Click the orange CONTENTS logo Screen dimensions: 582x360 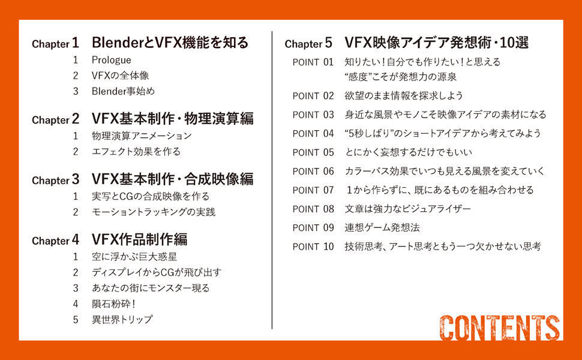(x=500, y=328)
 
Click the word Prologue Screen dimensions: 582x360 (x=112, y=60)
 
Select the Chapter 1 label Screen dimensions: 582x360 (x=56, y=43)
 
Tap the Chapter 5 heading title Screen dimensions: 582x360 (x=437, y=43)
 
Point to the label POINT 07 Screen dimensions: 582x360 (x=313, y=190)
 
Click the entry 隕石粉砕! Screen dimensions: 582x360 (x=113, y=304)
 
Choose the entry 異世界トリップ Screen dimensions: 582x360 (x=122, y=319)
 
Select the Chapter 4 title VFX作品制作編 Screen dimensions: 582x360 (x=140, y=239)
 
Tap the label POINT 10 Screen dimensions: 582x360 (x=313, y=247)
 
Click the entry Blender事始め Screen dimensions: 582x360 (x=123, y=91)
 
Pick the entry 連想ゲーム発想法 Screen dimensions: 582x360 (x=382, y=227)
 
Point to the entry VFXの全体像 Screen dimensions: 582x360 (x=120, y=76)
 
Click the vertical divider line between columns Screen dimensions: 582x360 (x=272, y=180)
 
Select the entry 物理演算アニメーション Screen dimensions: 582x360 (x=142, y=136)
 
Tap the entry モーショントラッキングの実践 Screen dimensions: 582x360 (x=154, y=212)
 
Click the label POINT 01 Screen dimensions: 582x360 (x=313, y=62)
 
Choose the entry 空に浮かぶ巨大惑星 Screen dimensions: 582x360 (x=134, y=256)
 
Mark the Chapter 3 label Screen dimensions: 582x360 (x=56, y=180)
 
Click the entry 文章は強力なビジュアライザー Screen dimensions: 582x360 (x=408, y=209)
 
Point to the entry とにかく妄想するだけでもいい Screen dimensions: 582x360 (x=409, y=152)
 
